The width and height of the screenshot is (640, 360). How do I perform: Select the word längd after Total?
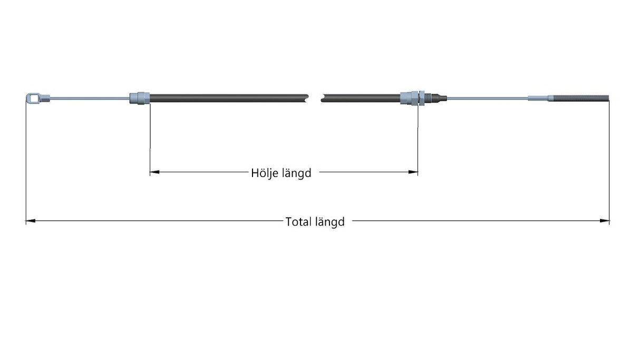point(330,222)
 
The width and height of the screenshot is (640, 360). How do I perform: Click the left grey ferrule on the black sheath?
point(139,98)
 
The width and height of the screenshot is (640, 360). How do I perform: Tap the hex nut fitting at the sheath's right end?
point(412,98)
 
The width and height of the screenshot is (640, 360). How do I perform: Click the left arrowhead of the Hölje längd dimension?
point(154,172)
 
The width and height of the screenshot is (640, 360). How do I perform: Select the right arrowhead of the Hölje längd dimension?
point(413,172)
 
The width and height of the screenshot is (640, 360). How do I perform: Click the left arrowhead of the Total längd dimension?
point(31,221)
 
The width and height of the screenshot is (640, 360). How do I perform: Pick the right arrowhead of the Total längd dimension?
point(604,221)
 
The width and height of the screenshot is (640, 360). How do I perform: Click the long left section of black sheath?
point(229,98)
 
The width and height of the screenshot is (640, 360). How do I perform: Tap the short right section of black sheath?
point(361,98)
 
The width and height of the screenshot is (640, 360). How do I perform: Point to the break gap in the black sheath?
point(315,98)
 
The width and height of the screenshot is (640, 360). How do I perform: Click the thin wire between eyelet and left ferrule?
point(90,99)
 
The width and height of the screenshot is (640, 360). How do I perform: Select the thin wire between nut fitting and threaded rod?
point(488,98)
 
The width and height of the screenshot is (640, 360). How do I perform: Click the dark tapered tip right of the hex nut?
point(436,98)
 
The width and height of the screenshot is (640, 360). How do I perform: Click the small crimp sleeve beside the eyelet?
point(45,98)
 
